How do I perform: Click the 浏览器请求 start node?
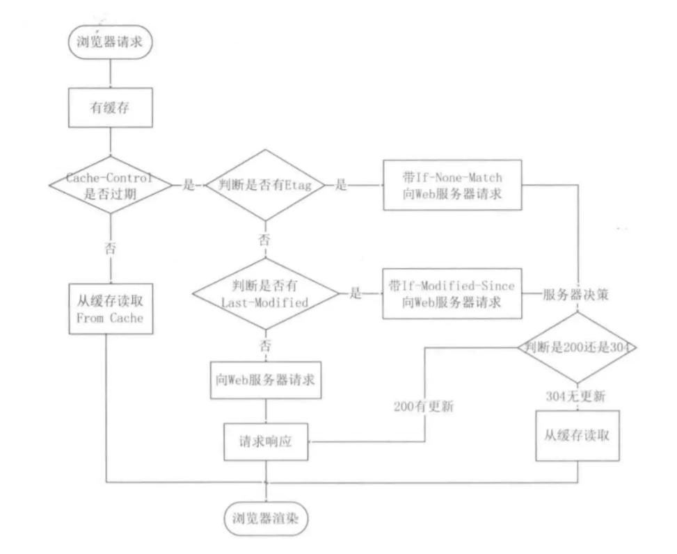point(110,41)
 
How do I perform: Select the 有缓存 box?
point(110,108)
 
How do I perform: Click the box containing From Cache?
point(111,310)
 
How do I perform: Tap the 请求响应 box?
point(266,441)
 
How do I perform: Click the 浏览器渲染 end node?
point(266,517)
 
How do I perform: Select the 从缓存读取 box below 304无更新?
point(578,436)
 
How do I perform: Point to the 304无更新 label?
point(576,397)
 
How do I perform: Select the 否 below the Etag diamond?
point(264,240)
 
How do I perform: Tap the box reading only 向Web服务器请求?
point(266,380)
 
